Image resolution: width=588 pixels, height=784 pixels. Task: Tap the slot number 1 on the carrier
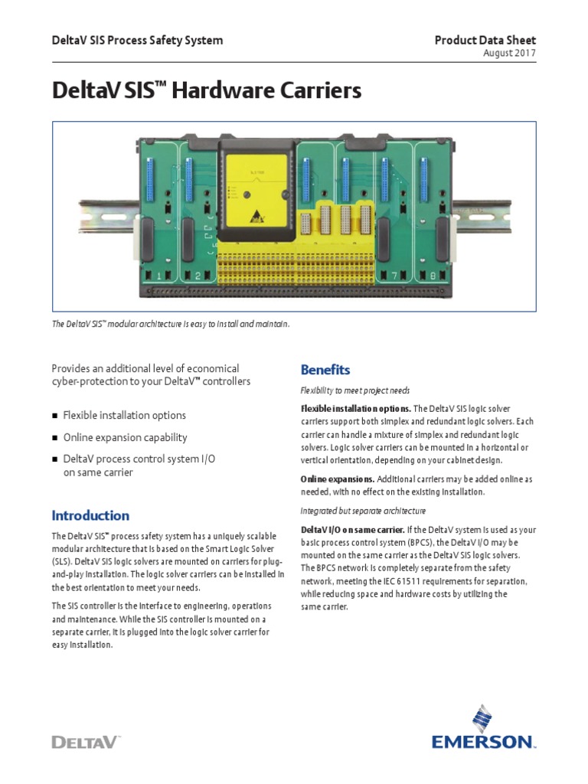(159, 276)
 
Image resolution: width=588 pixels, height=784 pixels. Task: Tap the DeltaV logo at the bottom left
(86, 741)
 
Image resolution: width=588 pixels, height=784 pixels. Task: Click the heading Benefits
(325, 370)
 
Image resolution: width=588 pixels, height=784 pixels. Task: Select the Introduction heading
(90, 515)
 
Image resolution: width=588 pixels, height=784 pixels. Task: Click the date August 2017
(510, 53)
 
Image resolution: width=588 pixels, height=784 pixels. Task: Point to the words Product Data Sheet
(485, 40)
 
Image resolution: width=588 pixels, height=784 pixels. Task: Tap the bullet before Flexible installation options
(55, 416)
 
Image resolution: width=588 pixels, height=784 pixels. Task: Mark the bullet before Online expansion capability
(55, 438)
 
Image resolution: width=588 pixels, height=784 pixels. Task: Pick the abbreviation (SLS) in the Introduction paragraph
(65, 560)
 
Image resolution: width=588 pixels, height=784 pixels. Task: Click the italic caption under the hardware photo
(171, 325)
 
